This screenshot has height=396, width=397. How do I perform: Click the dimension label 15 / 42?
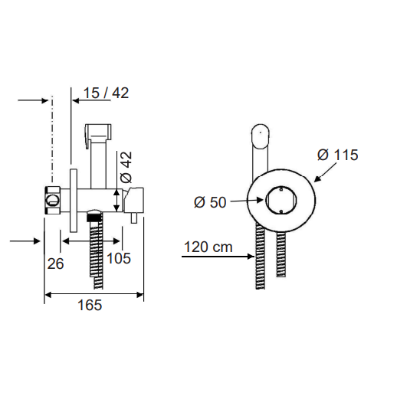[106, 93]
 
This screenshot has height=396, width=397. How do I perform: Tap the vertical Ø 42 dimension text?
[126, 167]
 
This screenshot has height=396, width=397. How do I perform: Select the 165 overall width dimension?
[90, 305]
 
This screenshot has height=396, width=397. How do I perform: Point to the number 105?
[119, 258]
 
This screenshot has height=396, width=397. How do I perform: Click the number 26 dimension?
[55, 263]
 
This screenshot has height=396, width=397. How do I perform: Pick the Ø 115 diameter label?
[338, 155]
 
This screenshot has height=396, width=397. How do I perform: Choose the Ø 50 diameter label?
[210, 202]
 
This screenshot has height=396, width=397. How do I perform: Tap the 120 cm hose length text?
[208, 247]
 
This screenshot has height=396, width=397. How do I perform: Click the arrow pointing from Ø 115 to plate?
[325, 172]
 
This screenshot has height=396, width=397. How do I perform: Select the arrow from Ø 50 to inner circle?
[247, 201]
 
